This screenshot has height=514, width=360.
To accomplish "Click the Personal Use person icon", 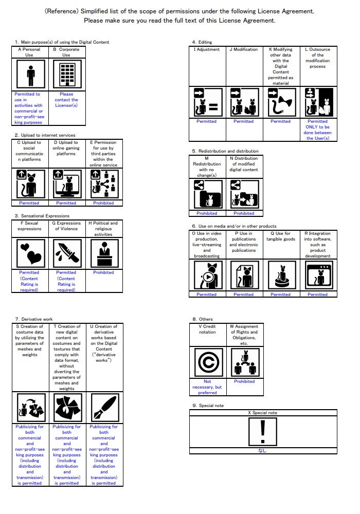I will [x=29, y=75].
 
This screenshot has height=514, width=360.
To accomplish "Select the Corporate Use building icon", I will [x=66, y=75].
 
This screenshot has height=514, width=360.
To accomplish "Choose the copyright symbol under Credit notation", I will [x=207, y=363].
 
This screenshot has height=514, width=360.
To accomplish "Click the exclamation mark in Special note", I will [x=263, y=431].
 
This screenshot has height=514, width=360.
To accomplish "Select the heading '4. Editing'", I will [x=202, y=42].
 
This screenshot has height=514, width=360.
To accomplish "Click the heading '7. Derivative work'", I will [x=33, y=319].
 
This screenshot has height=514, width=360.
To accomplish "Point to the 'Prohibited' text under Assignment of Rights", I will [x=244, y=381].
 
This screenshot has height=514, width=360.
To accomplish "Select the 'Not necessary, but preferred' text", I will [x=207, y=387].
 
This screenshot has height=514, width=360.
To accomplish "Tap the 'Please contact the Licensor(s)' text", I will [x=66, y=100].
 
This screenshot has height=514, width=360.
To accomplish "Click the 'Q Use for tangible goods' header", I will [x=280, y=236].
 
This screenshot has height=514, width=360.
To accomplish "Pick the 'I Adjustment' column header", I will [x=207, y=50].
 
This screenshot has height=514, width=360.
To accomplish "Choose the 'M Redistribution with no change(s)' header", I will [x=207, y=167].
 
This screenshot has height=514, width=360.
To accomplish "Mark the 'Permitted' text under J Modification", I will [x=243, y=121].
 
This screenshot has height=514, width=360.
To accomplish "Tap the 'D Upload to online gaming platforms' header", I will [x=66, y=148].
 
